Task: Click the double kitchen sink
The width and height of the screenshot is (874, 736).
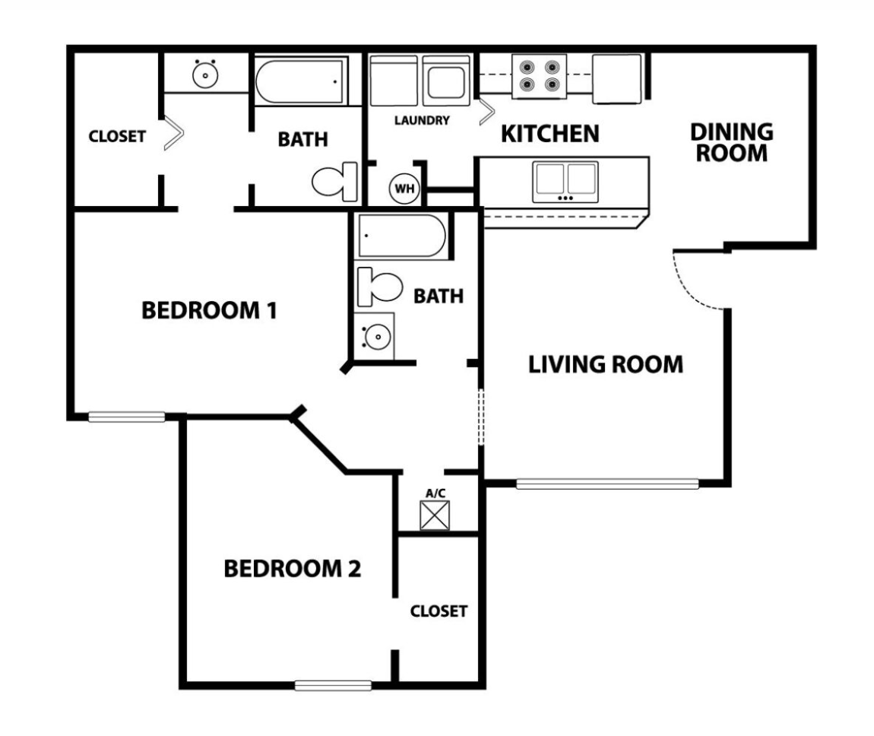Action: point(565,181)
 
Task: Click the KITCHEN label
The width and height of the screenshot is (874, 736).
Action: point(550,134)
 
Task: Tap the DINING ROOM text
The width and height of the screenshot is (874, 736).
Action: point(731,142)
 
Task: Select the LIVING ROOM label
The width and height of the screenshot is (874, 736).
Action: point(606,364)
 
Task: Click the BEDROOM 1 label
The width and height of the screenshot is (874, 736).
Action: point(209,310)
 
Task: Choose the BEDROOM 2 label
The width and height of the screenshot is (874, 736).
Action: point(292,568)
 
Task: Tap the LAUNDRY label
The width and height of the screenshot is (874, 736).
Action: point(423,120)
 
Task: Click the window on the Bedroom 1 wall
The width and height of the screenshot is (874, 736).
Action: point(126,416)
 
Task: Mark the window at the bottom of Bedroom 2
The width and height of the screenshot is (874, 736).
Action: point(333,686)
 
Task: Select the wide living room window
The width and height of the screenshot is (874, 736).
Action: point(606,483)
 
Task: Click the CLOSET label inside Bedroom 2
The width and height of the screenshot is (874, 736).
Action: point(439,611)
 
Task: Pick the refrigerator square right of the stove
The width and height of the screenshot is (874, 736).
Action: point(617,78)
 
